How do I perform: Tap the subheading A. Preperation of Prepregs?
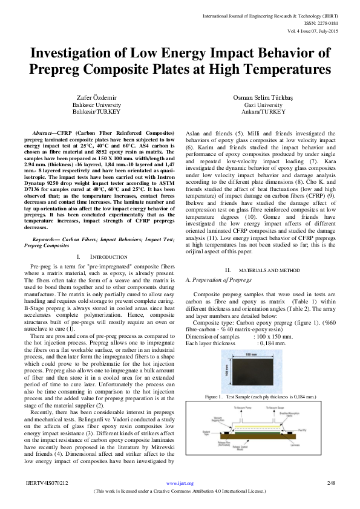(218, 297)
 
